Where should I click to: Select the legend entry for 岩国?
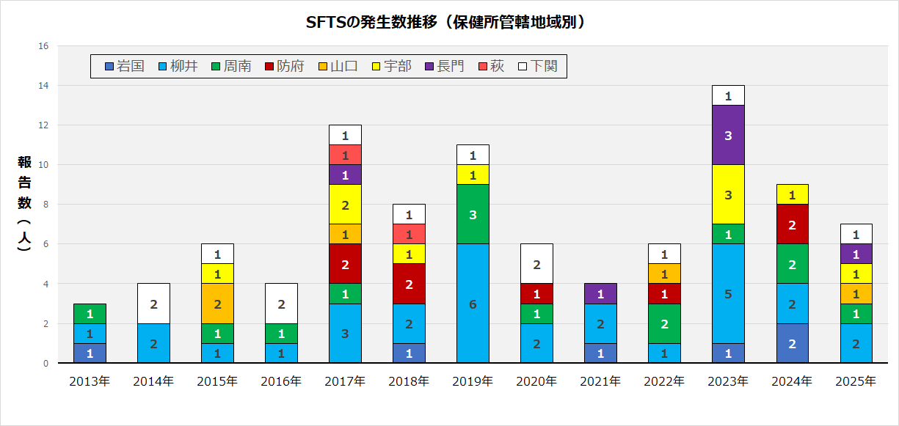click(125, 66)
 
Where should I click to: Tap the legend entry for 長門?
click(445, 66)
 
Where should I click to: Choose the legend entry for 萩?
click(491, 66)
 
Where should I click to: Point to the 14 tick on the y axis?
click(43, 86)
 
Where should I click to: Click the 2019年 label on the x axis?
click(473, 381)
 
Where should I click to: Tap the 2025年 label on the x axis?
click(856, 381)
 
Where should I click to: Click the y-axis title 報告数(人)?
click(24, 204)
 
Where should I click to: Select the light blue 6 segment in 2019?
click(473, 304)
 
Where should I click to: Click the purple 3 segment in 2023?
click(728, 135)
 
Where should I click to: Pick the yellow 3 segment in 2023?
click(728, 194)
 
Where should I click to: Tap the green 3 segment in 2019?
click(473, 214)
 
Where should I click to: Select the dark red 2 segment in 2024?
click(792, 224)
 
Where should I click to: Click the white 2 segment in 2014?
click(153, 304)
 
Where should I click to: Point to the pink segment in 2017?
click(345, 155)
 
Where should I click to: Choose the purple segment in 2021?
click(600, 293)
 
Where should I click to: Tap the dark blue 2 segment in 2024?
click(792, 343)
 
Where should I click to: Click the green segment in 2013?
click(90, 314)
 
